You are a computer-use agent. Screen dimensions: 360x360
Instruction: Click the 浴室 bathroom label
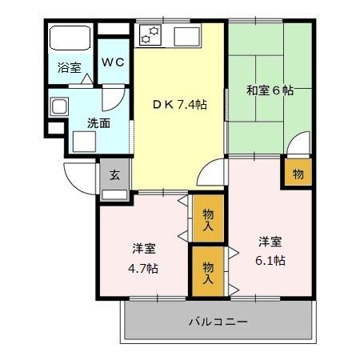(69, 69)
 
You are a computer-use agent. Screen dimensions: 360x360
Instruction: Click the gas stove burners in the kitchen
(150, 35)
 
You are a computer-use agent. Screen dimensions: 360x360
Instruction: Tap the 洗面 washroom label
(98, 124)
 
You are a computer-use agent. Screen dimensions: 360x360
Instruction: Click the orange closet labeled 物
(297, 173)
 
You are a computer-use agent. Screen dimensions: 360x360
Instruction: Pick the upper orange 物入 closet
(207, 218)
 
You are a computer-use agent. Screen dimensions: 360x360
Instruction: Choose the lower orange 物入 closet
(207, 272)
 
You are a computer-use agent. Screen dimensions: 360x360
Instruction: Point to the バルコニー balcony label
(218, 322)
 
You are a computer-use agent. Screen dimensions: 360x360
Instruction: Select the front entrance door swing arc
(80, 174)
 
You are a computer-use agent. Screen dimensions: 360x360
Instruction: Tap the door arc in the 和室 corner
(298, 146)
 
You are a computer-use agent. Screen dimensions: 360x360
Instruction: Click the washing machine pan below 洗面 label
(84, 141)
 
